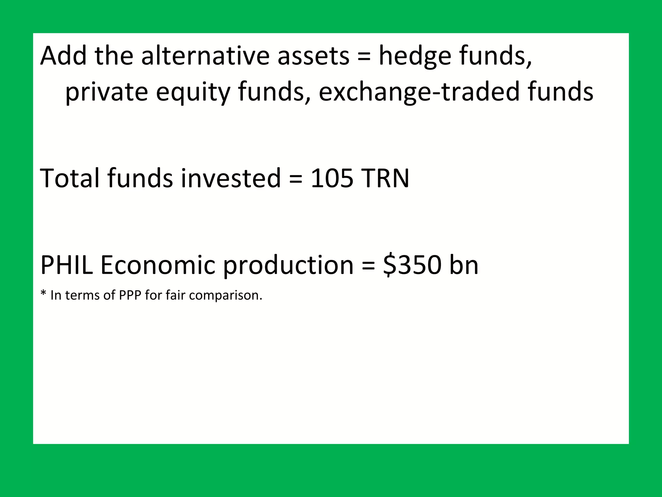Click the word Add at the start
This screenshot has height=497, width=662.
click(x=63, y=56)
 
